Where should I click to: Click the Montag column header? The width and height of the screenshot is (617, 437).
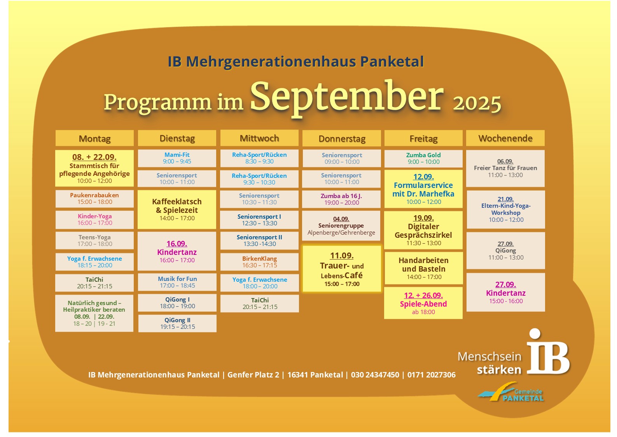click(94, 138)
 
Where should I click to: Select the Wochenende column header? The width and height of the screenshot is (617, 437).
click(505, 138)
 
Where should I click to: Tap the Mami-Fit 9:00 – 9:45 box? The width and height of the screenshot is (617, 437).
click(177, 158)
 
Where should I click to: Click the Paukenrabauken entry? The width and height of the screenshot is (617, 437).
click(94, 198)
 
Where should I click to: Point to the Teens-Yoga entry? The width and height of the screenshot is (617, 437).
click(94, 240)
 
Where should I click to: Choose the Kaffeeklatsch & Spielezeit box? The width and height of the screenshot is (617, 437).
click(177, 209)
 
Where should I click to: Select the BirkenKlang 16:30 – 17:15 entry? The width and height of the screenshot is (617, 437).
click(259, 262)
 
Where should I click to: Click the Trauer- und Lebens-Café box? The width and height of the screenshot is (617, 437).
click(342, 269)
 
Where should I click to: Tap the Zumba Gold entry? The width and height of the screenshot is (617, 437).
click(423, 158)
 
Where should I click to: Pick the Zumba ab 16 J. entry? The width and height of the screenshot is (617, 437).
click(342, 199)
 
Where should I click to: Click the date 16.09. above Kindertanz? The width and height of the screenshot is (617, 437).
click(177, 244)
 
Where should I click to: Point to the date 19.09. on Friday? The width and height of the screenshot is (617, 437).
click(424, 218)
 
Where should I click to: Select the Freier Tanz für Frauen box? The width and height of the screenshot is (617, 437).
click(505, 168)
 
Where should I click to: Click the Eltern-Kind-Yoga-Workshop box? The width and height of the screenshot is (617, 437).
click(506, 209)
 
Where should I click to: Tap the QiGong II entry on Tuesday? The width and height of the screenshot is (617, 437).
click(177, 323)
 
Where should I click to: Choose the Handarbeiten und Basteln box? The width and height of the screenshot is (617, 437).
click(424, 268)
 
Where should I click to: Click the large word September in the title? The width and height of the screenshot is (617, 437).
click(347, 98)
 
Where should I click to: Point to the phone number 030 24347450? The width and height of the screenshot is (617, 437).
click(375, 375)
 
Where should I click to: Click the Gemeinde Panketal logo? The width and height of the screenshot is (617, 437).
click(510, 392)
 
